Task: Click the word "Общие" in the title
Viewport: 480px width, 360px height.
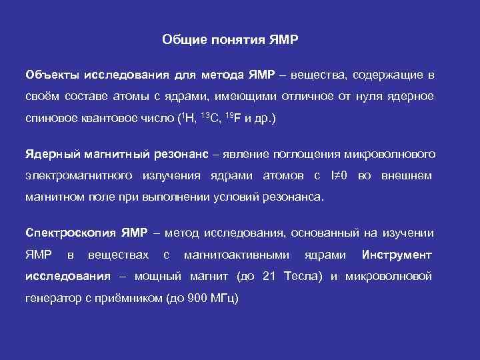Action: coord(181,40)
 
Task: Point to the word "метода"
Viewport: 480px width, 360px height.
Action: coord(225,73)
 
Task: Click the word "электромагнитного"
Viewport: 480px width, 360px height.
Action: coord(79,176)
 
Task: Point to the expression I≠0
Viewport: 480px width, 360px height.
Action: coord(340,176)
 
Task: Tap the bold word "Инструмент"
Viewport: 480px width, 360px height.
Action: coord(397,255)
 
